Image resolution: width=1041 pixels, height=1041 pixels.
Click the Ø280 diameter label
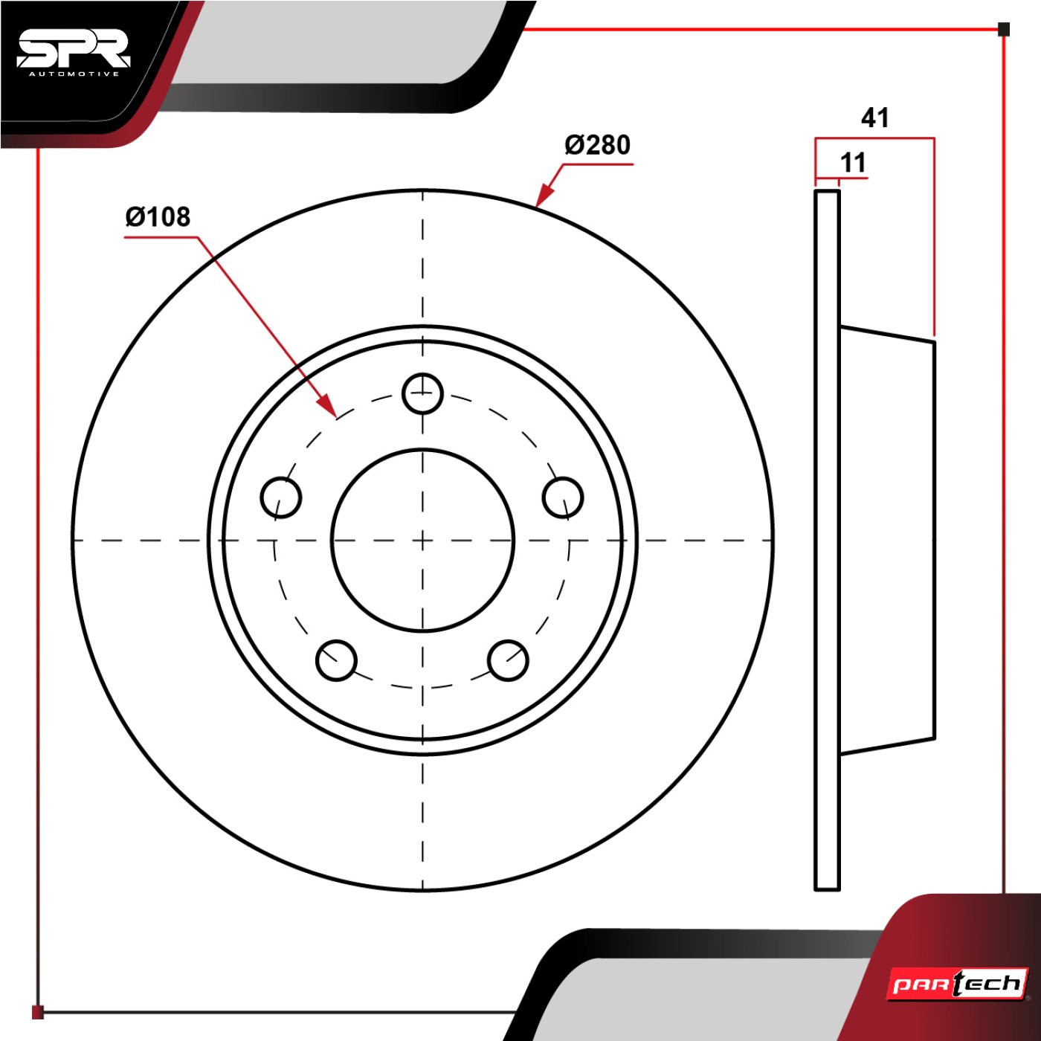point(598,145)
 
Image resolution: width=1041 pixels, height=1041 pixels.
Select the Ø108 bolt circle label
point(158,216)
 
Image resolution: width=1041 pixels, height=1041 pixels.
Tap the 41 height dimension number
point(874,117)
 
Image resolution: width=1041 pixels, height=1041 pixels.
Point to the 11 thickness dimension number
point(853,162)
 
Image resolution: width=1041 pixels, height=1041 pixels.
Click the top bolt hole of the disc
point(422,393)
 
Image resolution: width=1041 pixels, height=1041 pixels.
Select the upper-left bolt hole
point(280,497)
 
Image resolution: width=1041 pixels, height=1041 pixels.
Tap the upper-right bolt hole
point(562,497)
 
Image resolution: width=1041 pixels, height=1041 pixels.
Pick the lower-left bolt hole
point(336,660)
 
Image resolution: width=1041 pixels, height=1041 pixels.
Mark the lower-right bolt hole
point(508,660)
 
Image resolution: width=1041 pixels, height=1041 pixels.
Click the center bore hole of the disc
point(422,540)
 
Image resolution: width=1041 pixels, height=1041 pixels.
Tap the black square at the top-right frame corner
point(1003,29)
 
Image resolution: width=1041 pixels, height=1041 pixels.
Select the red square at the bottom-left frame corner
point(37,1012)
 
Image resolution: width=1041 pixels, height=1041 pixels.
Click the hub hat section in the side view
point(888,540)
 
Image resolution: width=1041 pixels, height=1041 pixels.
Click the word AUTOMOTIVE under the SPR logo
point(74,74)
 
